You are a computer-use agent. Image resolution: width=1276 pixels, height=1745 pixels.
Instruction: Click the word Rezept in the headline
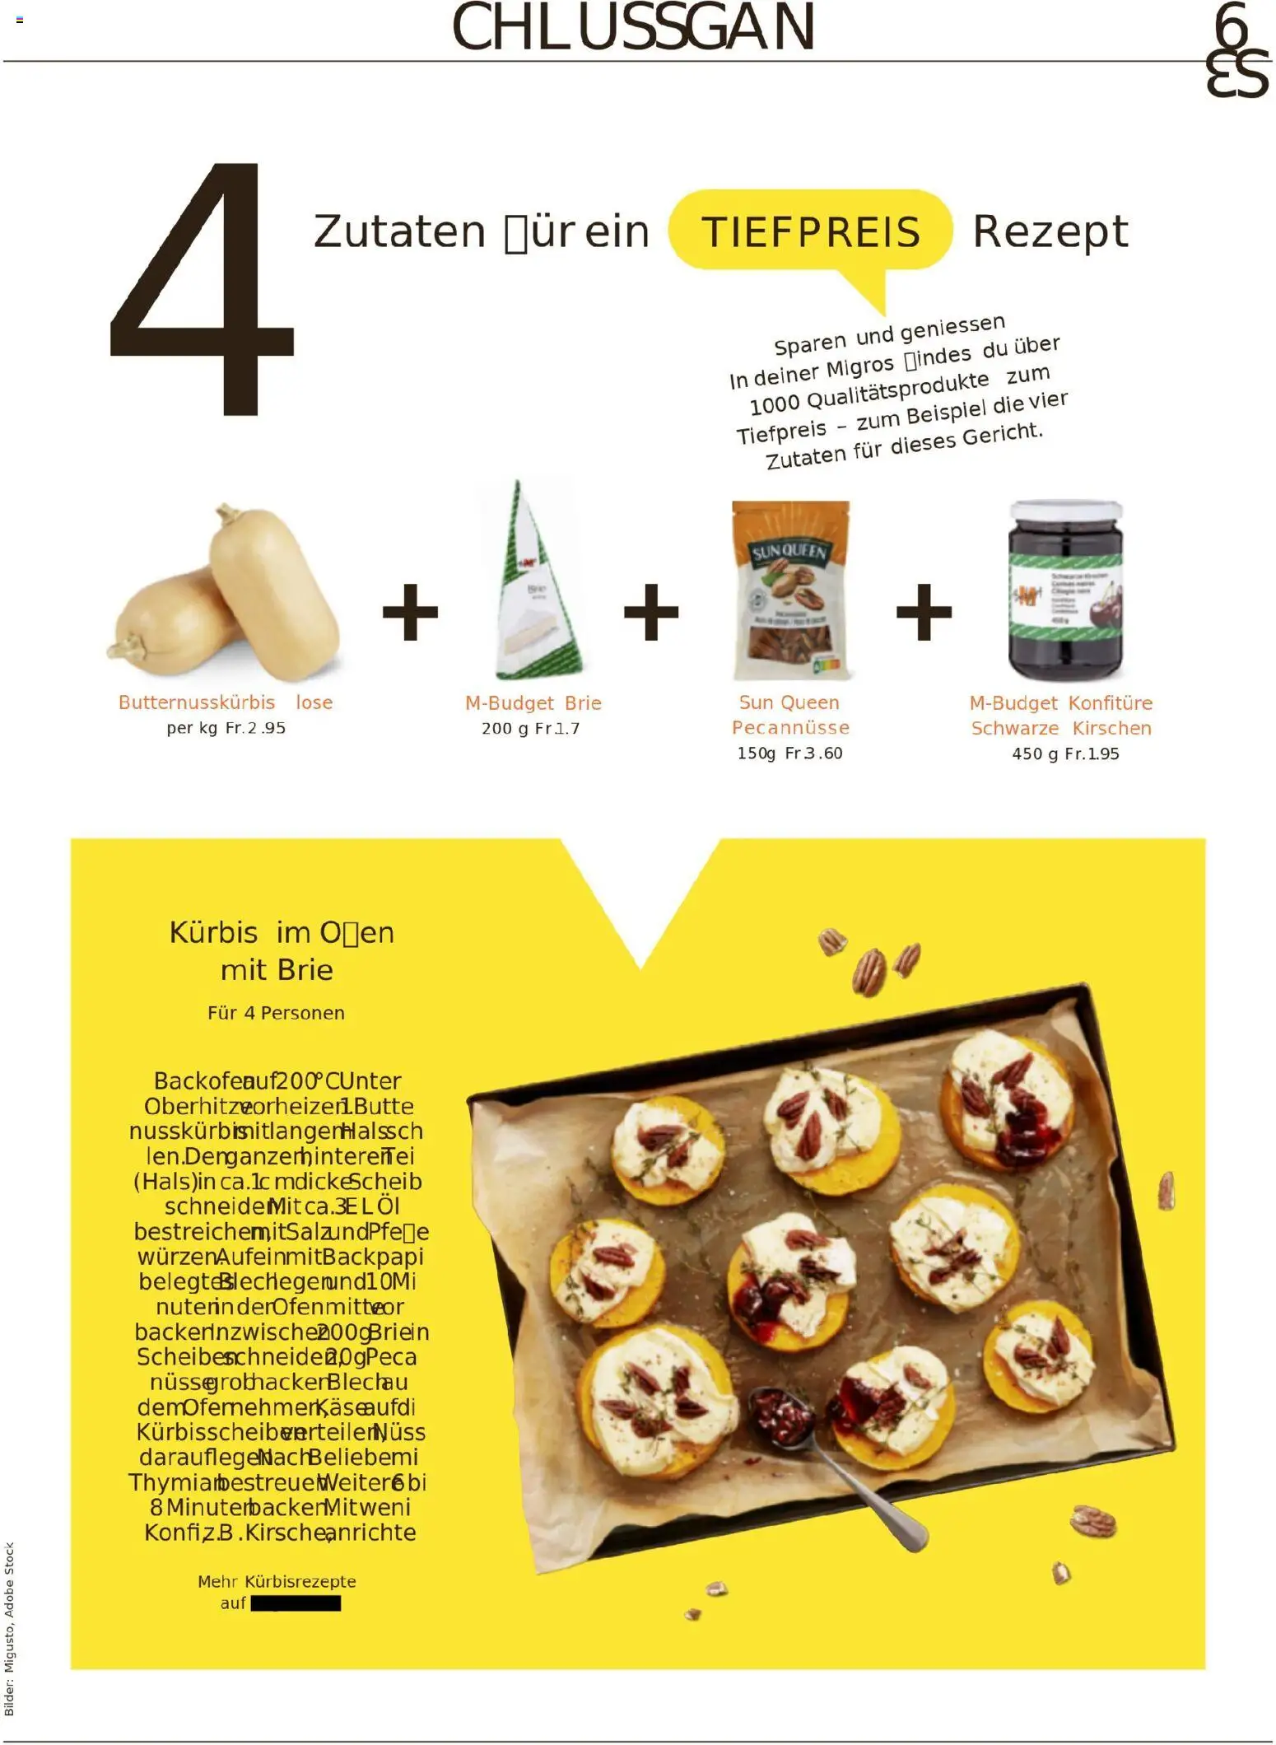[x=1050, y=231]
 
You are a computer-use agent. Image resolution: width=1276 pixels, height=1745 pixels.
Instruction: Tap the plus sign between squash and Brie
[x=410, y=612]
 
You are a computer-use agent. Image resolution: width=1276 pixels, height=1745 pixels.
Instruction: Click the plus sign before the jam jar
[x=924, y=612]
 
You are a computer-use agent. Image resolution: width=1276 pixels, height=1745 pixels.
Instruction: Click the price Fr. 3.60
[x=813, y=754]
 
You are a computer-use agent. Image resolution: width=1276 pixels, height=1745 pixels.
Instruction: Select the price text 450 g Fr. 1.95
[x=1065, y=754]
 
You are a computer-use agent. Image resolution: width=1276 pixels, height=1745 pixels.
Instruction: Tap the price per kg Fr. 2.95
[x=226, y=728]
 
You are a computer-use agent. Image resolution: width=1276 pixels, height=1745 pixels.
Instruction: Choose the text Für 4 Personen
[x=276, y=1013]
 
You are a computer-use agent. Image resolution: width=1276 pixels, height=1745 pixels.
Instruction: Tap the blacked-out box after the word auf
[x=296, y=1603]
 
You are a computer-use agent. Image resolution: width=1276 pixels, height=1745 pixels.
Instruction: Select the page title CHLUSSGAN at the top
[x=633, y=28]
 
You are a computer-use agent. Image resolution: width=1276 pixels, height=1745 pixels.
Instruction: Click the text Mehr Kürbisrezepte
[x=277, y=1581]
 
